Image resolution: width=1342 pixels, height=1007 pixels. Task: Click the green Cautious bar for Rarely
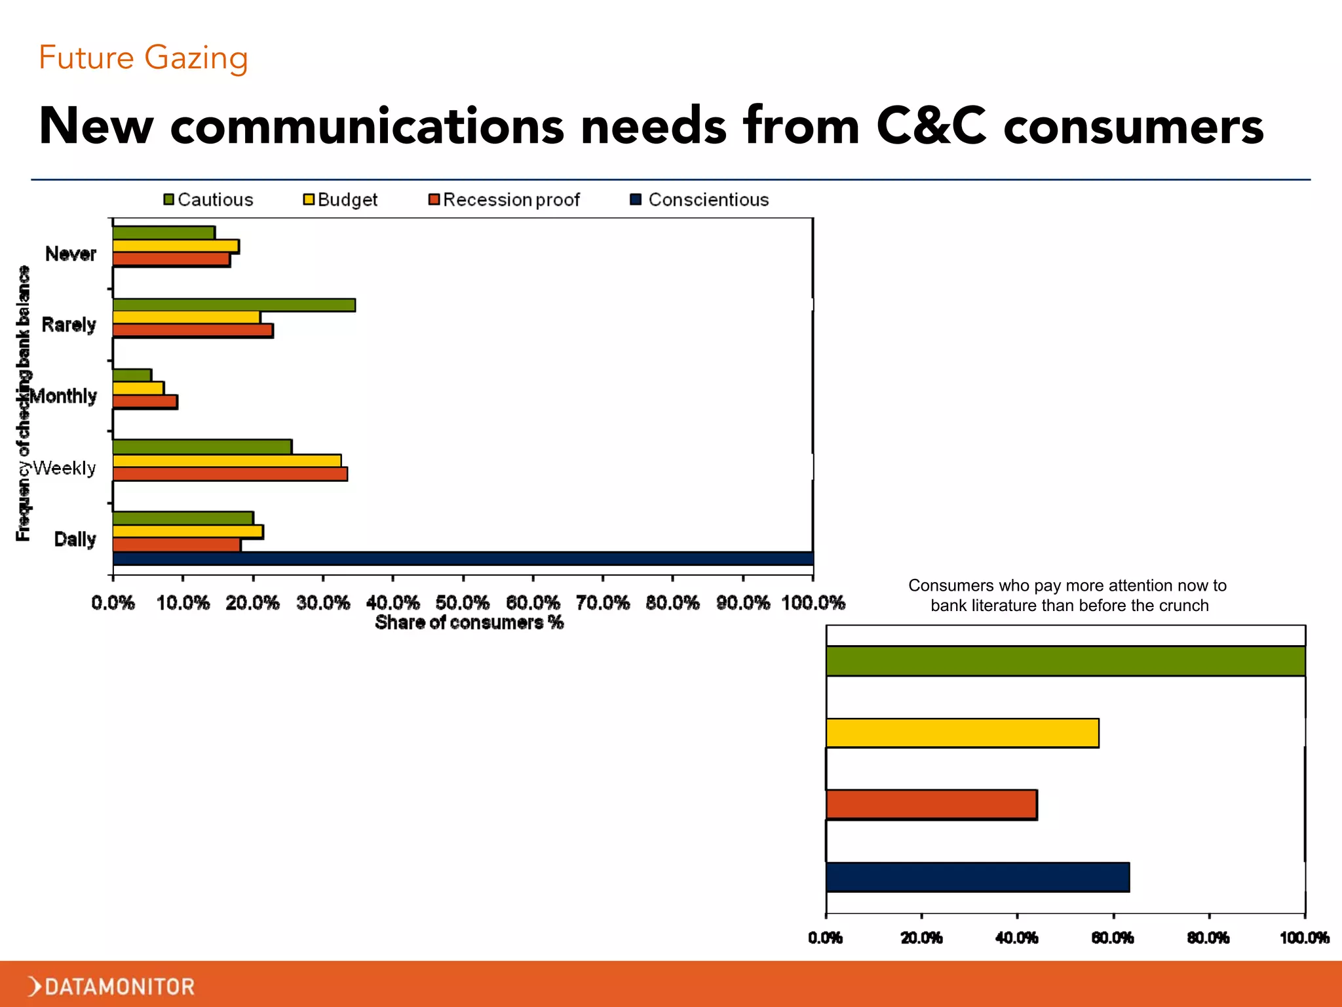tap(234, 305)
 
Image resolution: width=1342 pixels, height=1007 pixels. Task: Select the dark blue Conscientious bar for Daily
tap(463, 559)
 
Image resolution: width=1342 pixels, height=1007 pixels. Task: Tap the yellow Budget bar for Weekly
tap(227, 461)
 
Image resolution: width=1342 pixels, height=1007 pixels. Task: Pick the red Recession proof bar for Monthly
tap(145, 402)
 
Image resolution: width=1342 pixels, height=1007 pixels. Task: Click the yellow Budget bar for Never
tap(176, 247)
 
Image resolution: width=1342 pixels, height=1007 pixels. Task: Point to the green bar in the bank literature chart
tap(1065, 661)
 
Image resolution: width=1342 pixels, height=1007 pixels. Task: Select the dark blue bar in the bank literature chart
tap(978, 877)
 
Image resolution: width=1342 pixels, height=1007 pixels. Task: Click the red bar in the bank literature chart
tap(931, 804)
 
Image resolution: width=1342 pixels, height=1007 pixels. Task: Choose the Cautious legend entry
tap(208, 199)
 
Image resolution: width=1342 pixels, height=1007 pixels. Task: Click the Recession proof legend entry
tap(505, 199)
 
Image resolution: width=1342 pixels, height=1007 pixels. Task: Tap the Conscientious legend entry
tap(700, 199)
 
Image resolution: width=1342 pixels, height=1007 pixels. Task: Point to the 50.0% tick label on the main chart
tap(463, 602)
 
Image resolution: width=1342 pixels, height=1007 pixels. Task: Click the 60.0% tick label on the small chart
tap(1113, 938)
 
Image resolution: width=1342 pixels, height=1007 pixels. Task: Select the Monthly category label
tap(64, 396)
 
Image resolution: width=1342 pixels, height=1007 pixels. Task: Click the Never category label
tap(71, 254)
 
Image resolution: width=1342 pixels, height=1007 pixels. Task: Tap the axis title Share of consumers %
tap(469, 622)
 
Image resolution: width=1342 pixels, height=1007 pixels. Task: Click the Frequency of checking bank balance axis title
tap(24, 403)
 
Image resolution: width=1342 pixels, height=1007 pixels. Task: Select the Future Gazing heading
tap(144, 58)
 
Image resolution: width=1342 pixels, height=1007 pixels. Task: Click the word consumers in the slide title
tap(1133, 126)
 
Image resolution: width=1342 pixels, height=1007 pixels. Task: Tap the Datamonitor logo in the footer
tap(111, 986)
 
